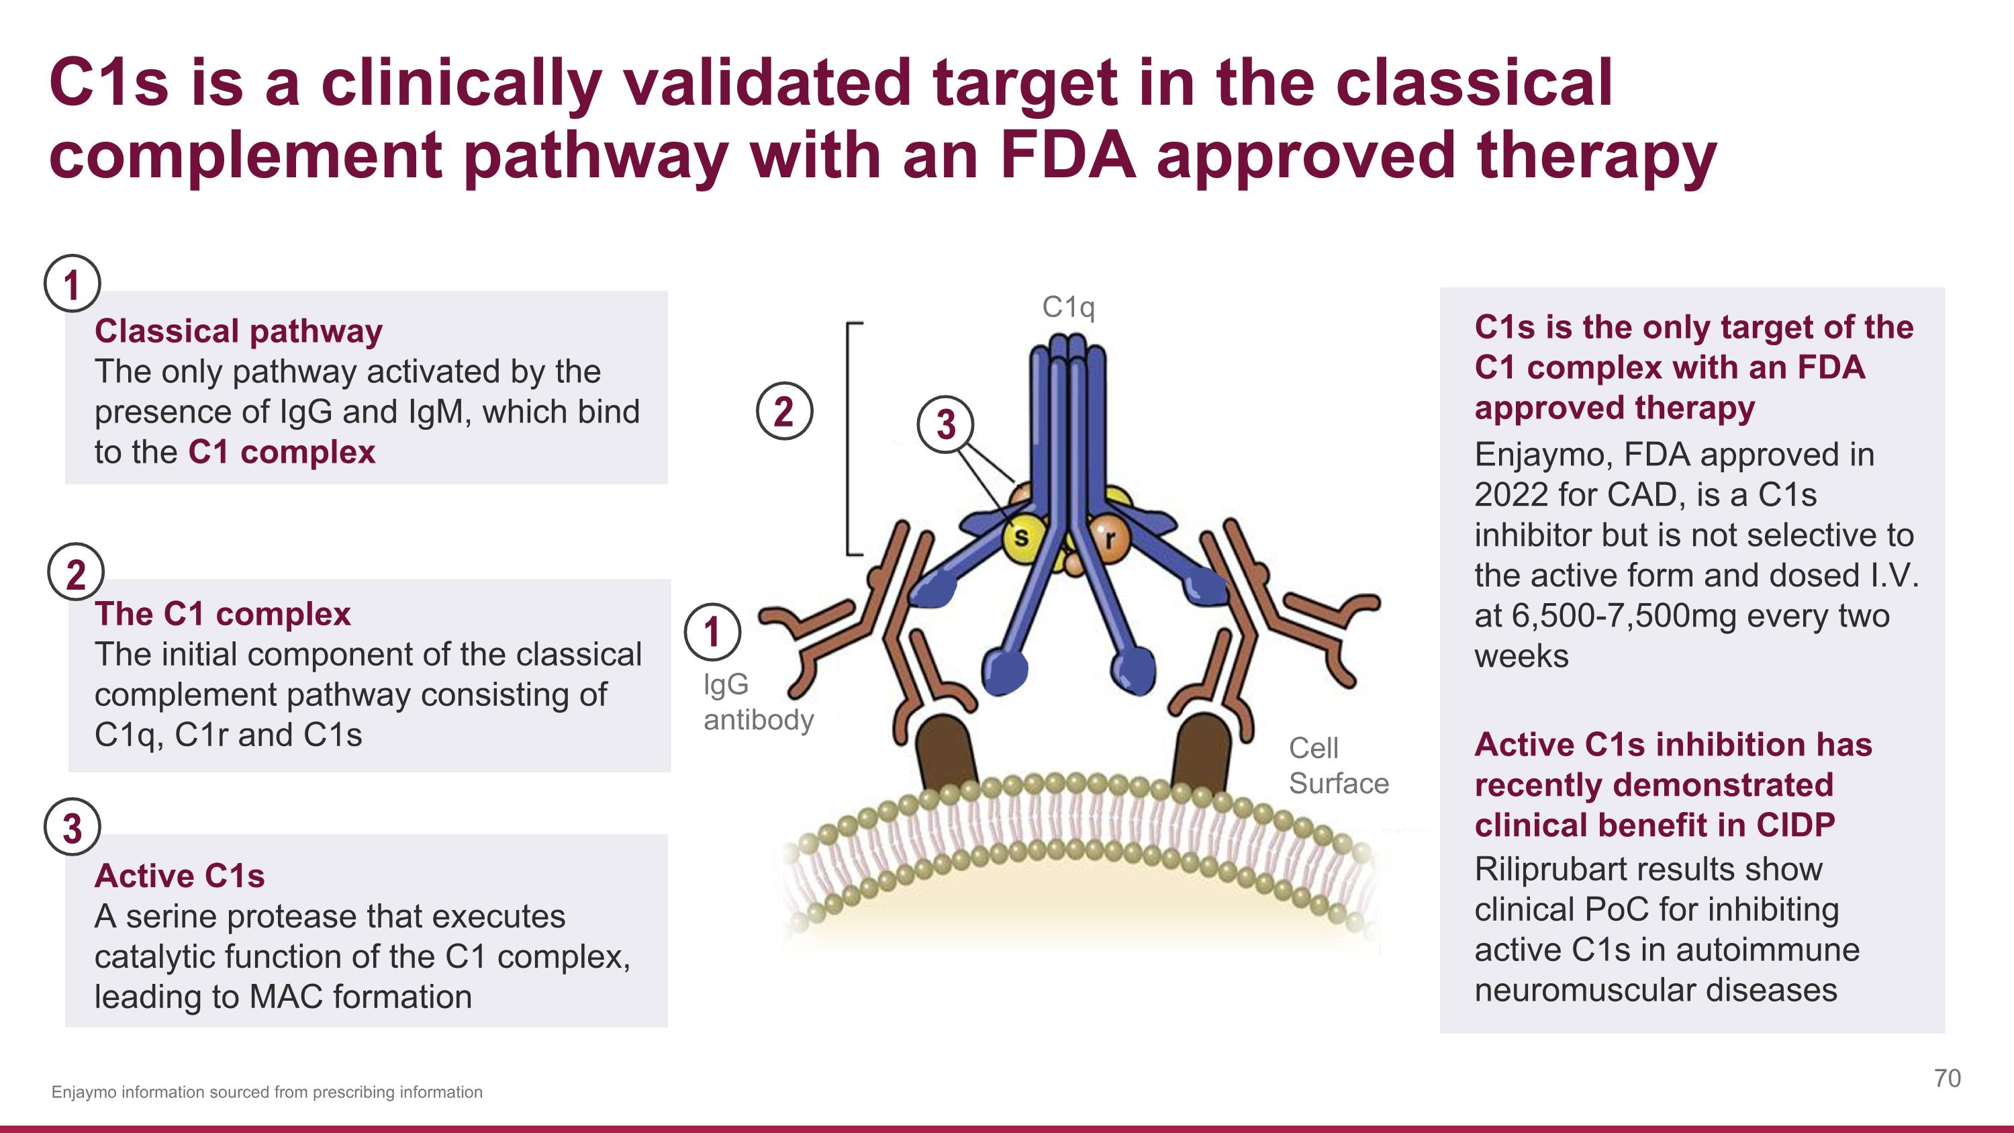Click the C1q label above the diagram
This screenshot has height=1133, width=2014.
pos(1068,308)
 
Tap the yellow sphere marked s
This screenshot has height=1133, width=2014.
pos(1022,537)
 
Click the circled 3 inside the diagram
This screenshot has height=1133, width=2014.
pos(945,424)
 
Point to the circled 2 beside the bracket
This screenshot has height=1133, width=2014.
pos(784,411)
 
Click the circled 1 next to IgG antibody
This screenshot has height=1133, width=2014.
pos(712,632)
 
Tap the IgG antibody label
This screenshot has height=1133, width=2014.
pos(757,701)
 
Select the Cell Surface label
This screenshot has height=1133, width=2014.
pos(1338,766)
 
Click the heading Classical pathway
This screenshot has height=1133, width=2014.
pos(238,330)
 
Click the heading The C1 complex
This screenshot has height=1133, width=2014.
pos(222,614)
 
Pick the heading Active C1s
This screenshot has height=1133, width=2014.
pos(179,876)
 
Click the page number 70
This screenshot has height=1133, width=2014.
pos(1947,1079)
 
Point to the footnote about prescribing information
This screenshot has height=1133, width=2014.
pos(267,1092)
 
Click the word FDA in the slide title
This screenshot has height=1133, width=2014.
pos(1067,155)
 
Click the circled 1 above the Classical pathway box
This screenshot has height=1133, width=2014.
pos(72,284)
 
